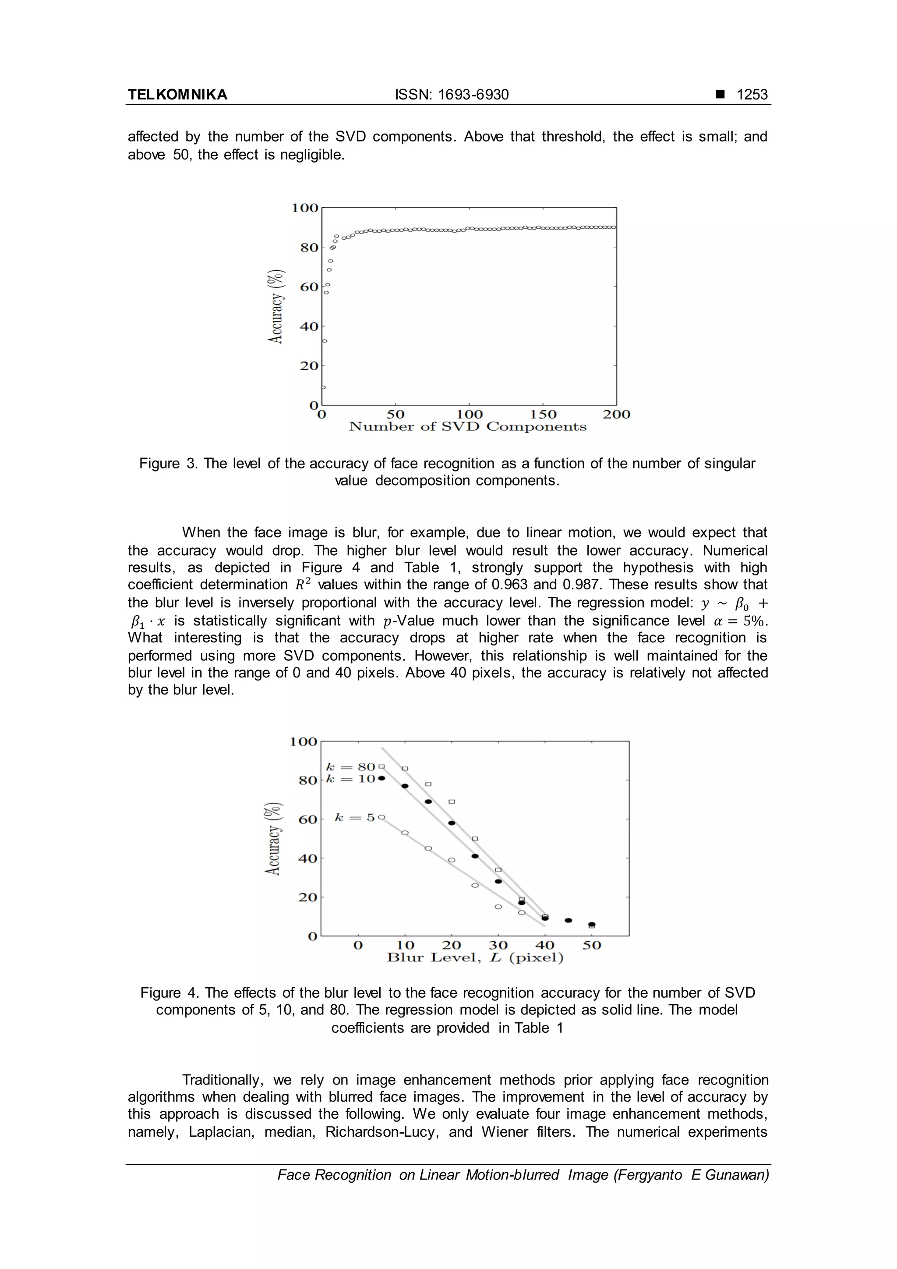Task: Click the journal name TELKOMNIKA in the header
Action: pyautogui.click(x=177, y=95)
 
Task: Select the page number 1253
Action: pyautogui.click(x=752, y=95)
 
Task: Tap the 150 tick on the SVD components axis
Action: pyautogui.click(x=543, y=415)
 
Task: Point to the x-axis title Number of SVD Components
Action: pyautogui.click(x=468, y=427)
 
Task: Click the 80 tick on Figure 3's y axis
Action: pyautogui.click(x=309, y=248)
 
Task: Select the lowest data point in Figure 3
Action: pyautogui.click(x=323, y=387)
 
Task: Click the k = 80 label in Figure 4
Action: pyautogui.click(x=351, y=767)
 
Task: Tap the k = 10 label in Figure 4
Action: pyautogui.click(x=351, y=779)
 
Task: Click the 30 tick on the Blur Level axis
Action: pyautogui.click(x=498, y=946)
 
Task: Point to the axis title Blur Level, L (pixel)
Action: pyautogui.click(x=475, y=958)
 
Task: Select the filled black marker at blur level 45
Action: pyautogui.click(x=569, y=920)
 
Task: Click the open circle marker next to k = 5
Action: pyautogui.click(x=381, y=817)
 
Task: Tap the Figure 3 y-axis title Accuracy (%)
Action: pyautogui.click(x=276, y=307)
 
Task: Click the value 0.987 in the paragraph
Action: pyautogui.click(x=582, y=585)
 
